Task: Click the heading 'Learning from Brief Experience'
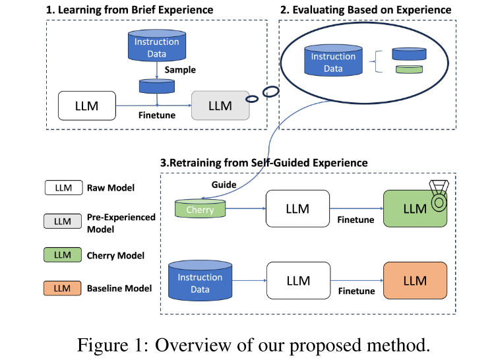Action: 135,10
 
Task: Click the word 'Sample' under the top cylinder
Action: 180,70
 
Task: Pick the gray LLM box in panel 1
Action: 220,105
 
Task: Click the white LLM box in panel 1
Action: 86,105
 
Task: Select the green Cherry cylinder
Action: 200,209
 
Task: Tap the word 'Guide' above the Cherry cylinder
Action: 224,185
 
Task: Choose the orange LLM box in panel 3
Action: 415,281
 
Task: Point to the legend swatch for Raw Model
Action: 63,188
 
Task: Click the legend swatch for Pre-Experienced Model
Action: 63,222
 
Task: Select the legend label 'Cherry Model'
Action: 115,255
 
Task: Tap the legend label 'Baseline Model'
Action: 119,288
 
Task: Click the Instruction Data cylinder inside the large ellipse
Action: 333,61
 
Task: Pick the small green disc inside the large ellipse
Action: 408,70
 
